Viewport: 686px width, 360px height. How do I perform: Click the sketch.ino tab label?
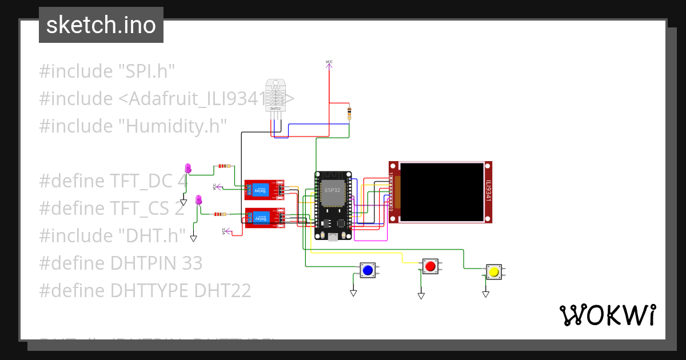point(101,25)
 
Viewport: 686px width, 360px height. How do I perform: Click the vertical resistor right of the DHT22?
point(349,114)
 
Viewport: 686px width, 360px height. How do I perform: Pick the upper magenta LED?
point(188,168)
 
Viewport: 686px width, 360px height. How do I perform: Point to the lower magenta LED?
point(198,200)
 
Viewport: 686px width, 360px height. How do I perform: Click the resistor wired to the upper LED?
point(223,166)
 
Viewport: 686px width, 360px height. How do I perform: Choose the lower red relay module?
point(265,218)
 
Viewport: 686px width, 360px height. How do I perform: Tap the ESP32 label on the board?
point(332,190)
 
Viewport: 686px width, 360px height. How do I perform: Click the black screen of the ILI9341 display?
point(442,192)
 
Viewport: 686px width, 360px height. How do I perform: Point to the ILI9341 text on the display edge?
point(488,191)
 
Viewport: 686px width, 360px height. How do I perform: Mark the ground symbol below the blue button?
point(353,293)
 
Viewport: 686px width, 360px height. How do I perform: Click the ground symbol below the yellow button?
point(485,294)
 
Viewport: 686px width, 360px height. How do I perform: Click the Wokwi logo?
point(607,315)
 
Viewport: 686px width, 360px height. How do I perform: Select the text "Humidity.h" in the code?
point(173,126)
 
